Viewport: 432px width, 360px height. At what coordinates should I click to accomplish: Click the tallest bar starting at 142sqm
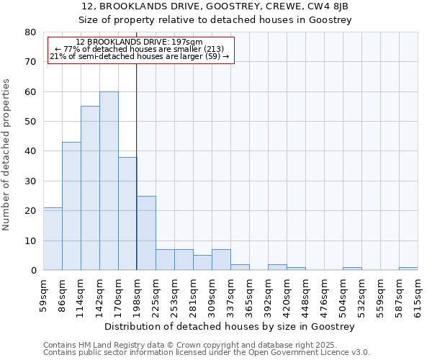pos(109,181)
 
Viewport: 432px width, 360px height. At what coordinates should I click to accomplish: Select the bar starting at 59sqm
pos(53,239)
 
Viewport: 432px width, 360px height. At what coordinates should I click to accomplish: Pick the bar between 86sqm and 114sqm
pos(71,206)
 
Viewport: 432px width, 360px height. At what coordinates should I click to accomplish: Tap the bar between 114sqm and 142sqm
pos(90,188)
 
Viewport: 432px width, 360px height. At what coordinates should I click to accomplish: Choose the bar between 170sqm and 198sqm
pos(127,213)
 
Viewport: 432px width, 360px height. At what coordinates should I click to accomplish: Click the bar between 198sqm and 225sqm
pos(146,233)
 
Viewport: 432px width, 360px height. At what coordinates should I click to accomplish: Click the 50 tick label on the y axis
pos(30,122)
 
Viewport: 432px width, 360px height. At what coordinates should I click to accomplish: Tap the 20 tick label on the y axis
pos(30,211)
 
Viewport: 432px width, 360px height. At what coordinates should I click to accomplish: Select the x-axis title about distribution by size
pos(230,327)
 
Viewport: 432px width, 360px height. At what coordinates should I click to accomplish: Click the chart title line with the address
pos(215,6)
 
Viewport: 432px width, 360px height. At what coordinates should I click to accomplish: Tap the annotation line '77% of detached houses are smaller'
pos(140,49)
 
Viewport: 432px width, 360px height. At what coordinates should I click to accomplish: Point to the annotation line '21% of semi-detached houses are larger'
pos(140,56)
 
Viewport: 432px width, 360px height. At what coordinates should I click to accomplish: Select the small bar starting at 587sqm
pos(408,269)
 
